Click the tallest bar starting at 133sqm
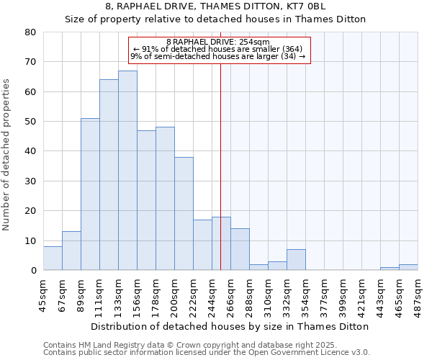point(127,171)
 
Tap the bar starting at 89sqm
point(90,194)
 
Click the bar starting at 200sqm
point(184,214)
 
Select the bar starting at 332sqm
point(296,260)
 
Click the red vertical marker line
point(220,166)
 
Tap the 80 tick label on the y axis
point(30,32)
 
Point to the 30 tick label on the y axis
point(30,181)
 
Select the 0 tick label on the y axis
point(33,271)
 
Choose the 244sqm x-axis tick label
point(212,294)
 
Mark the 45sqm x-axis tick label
point(44,294)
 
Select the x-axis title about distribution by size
point(230,326)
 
